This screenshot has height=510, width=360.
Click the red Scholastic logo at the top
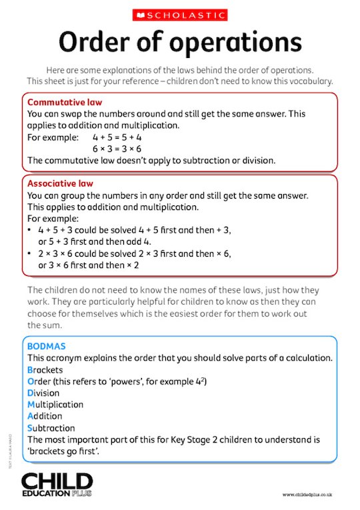(179, 15)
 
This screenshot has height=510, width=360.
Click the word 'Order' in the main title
(93, 43)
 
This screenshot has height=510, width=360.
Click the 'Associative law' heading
(60, 183)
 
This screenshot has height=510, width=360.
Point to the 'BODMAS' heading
(45, 346)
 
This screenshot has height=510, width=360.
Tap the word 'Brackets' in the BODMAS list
(45, 369)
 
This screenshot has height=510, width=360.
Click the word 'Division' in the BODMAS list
(44, 393)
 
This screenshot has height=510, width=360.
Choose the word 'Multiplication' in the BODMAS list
(55, 405)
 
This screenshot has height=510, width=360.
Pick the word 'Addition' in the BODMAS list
(45, 416)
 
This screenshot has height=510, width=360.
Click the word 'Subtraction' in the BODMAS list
(51, 428)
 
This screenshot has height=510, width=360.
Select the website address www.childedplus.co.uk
(307, 495)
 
